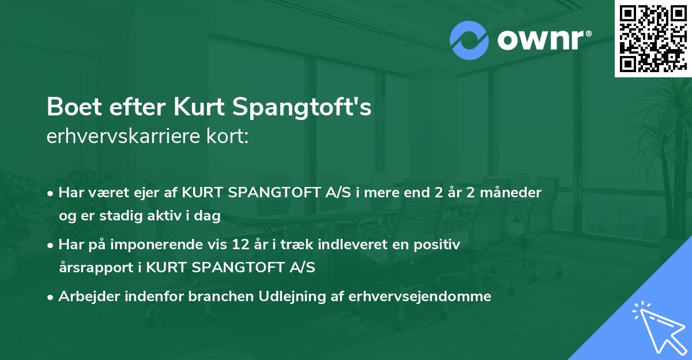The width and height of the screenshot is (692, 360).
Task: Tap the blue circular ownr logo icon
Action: click(469, 40)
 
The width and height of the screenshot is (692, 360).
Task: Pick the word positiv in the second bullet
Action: click(438, 245)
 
